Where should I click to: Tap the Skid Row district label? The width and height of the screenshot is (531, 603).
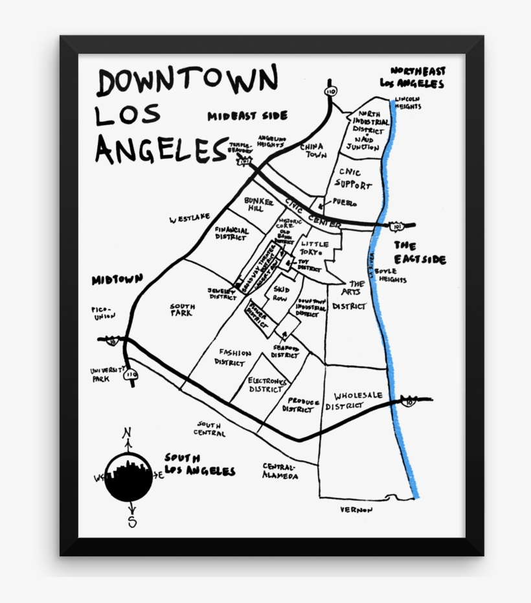[282, 294]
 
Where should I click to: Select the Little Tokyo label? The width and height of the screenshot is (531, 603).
[315, 248]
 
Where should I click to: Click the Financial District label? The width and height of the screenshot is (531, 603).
[232, 234]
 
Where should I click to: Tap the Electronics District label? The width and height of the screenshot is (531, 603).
[267, 385]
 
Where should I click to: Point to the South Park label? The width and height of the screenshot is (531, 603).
[181, 310]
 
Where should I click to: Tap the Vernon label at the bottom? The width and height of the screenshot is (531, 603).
[357, 510]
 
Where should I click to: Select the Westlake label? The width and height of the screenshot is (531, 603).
[189, 220]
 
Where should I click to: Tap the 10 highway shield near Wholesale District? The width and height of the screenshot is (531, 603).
[408, 402]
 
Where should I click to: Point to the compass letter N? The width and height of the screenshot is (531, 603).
[127, 433]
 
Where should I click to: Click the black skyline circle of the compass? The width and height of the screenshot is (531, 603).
[129, 477]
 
